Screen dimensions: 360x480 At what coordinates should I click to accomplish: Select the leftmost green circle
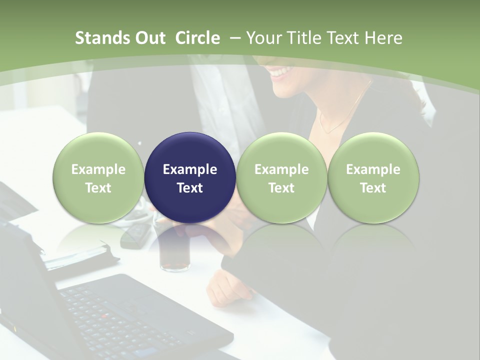click(x=98, y=178)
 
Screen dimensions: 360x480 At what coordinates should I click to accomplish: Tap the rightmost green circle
click(x=373, y=178)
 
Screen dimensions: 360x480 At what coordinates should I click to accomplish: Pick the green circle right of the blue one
click(x=281, y=178)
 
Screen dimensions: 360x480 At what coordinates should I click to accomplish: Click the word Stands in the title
click(x=102, y=38)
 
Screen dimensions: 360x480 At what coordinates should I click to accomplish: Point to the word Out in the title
click(x=150, y=38)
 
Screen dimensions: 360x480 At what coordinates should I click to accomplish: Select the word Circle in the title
click(x=197, y=38)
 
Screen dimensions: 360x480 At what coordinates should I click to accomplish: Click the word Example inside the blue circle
click(x=190, y=169)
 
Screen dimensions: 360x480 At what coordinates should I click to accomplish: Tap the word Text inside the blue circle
click(x=190, y=188)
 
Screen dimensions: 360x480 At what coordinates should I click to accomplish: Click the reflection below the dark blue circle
click(x=190, y=240)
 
